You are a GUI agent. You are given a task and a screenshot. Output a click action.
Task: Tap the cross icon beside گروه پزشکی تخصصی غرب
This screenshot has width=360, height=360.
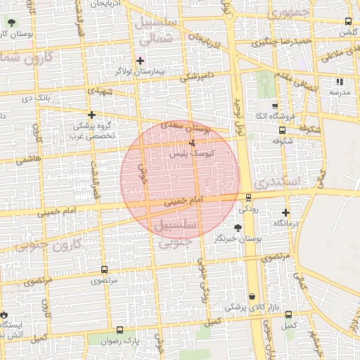(x=91, y=114)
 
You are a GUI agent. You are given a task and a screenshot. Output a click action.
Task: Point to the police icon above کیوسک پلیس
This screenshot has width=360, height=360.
(x=192, y=142)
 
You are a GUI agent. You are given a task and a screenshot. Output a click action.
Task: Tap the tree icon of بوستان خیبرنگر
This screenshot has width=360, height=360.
(x=238, y=227)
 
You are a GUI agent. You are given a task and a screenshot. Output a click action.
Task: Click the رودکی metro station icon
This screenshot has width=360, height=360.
(x=248, y=198)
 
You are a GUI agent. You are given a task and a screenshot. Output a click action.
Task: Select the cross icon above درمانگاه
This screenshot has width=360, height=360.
(x=285, y=212)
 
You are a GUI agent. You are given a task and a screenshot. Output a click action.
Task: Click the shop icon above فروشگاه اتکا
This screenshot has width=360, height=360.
(x=276, y=105)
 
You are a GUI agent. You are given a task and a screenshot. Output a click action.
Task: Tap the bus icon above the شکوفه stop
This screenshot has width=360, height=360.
(x=282, y=130)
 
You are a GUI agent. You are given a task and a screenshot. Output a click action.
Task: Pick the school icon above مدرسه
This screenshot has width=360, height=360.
(x=340, y=82)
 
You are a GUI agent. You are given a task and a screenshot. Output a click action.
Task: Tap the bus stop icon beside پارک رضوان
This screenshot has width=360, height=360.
(x=120, y=330)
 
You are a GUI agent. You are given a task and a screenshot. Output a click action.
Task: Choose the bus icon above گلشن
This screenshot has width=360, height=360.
(x=349, y=22)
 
